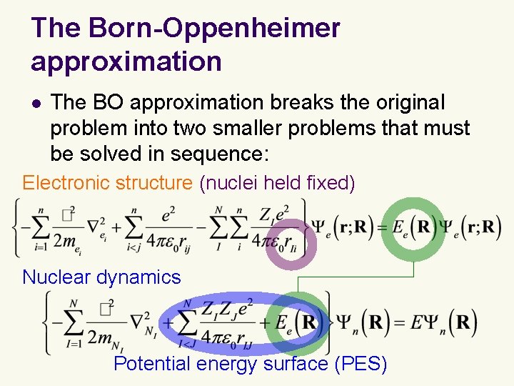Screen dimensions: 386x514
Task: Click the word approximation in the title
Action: tap(126, 61)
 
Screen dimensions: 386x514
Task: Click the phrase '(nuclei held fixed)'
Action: tap(277, 183)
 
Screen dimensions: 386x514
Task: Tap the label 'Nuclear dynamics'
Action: tap(101, 277)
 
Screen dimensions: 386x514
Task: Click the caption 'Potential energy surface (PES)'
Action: tap(250, 364)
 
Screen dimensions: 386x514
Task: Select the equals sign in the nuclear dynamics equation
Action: tap(397, 323)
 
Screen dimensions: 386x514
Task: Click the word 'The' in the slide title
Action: tap(56, 29)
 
